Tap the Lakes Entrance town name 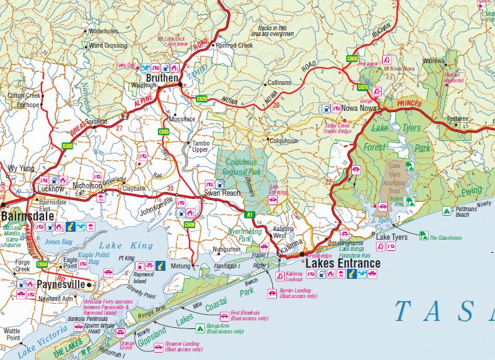(343, 263)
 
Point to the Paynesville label (60, 285)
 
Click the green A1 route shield (250, 214)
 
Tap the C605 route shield (164, 131)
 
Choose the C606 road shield (189, 224)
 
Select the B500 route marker (67, 146)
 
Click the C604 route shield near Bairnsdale (42, 264)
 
